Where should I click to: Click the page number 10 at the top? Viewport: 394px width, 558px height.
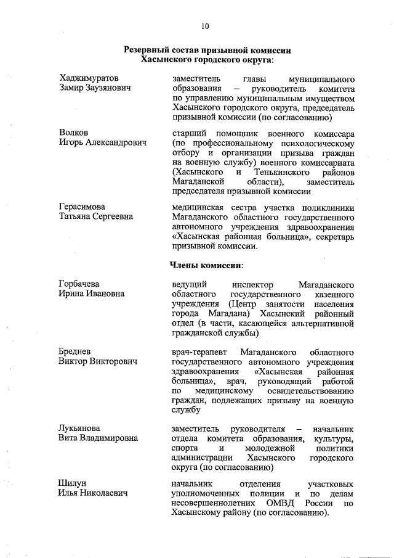coord(206,26)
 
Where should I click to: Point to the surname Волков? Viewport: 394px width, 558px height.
coord(74,133)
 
